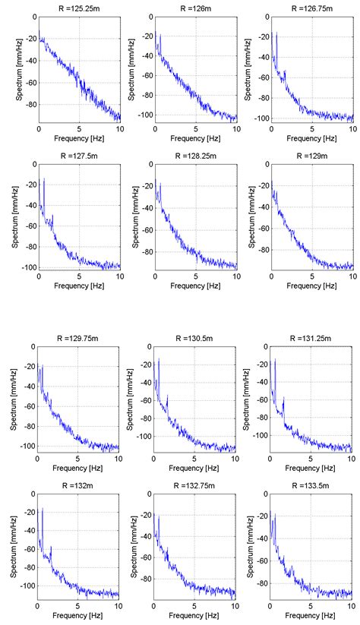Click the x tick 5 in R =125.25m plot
coord(78,128)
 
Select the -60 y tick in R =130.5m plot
coord(145,402)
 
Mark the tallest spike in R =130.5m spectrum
coord(158,360)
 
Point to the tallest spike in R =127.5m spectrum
coord(44,179)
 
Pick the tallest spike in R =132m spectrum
coord(42,508)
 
